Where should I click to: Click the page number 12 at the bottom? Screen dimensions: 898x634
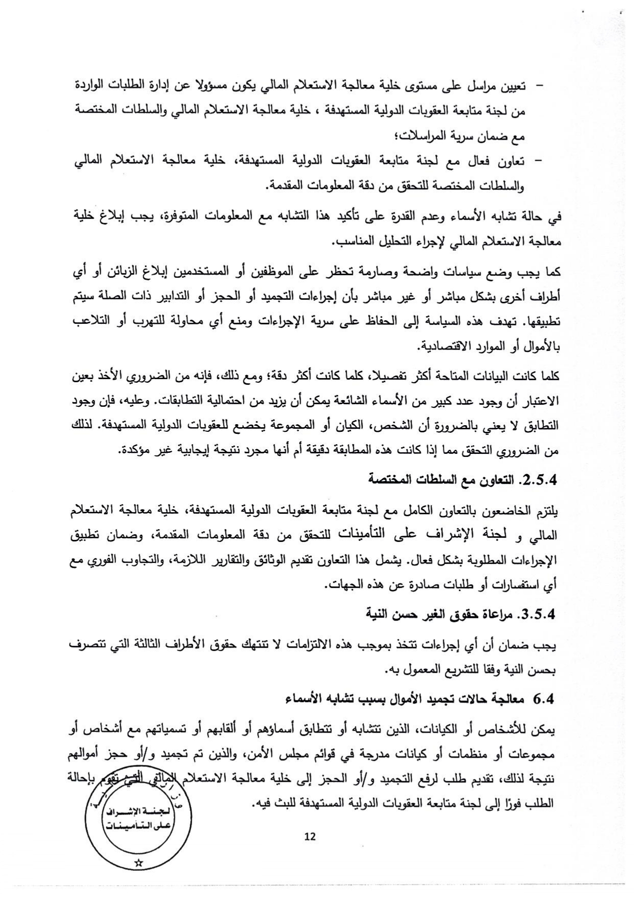[310, 837]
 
